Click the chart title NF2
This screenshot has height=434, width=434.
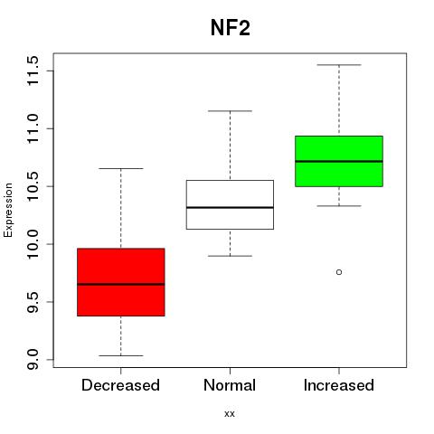(231, 28)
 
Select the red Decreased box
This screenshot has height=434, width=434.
(121, 282)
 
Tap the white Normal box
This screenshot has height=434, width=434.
(230, 204)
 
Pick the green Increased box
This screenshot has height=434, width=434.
(339, 161)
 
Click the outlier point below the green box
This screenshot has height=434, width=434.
(339, 272)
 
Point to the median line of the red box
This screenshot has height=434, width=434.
(121, 284)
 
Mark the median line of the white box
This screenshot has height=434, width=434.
(230, 207)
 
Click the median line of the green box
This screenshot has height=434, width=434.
(339, 161)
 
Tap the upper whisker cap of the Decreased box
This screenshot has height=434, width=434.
(121, 168)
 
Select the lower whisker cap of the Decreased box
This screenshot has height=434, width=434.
(121, 355)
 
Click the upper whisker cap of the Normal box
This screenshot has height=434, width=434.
(230, 111)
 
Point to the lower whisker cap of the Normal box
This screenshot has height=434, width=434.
(230, 256)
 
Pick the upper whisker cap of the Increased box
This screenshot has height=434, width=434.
(339, 65)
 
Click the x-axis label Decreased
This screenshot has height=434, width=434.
(120, 385)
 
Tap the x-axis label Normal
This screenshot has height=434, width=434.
(230, 385)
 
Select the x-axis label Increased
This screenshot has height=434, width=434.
(339, 385)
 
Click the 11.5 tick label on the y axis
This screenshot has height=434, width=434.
(33, 71)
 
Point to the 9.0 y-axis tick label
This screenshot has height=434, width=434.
(33, 360)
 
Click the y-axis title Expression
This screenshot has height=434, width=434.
(8, 210)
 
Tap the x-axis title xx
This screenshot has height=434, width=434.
(230, 414)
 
